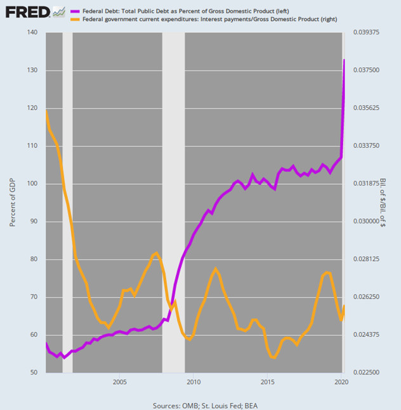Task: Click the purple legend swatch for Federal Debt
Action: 75,11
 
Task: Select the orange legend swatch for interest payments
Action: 75,20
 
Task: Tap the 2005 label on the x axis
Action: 119,382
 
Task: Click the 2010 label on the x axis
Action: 194,382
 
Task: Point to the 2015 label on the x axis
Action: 268,382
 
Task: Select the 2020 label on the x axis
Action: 341,382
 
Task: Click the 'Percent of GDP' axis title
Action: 13,202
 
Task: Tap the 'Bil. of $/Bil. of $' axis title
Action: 383,202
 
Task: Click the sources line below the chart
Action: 201,404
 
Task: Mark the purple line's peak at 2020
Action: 344,60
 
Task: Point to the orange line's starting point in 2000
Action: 46,112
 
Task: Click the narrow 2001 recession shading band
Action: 67,202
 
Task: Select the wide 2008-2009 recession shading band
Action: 174,202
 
